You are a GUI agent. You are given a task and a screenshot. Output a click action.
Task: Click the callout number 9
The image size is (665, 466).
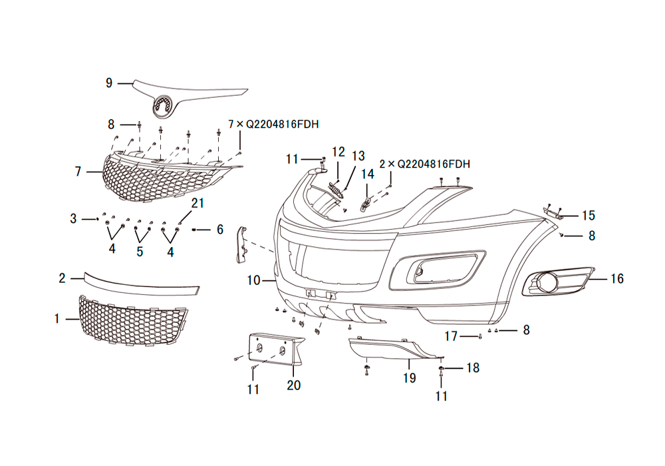pyautogui.click(x=109, y=83)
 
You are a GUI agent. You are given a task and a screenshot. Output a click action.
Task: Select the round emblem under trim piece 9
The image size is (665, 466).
pyautogui.click(x=162, y=105)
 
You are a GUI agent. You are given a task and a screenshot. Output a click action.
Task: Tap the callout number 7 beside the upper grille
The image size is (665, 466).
pyautogui.click(x=78, y=172)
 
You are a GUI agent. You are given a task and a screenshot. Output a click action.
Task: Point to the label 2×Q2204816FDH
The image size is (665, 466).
pyautogui.click(x=425, y=164)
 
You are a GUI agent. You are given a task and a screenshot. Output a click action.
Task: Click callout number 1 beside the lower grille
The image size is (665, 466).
pyautogui.click(x=57, y=320)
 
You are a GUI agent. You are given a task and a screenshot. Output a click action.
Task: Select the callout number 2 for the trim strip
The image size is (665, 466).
pyautogui.click(x=62, y=278)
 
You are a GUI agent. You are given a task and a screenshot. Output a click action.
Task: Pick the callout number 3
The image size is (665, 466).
pyautogui.click(x=74, y=218)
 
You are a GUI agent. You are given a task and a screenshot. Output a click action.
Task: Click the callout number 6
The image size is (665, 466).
pyautogui.click(x=219, y=230)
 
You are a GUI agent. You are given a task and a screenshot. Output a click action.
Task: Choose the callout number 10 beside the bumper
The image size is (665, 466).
pyautogui.click(x=253, y=281)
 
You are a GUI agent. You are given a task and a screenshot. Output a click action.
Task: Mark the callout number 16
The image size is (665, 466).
pyautogui.click(x=617, y=279)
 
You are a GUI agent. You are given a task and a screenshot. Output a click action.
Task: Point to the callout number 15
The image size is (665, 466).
pyautogui.click(x=588, y=216)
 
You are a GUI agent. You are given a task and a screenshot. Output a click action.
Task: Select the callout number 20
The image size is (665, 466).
pyautogui.click(x=294, y=385)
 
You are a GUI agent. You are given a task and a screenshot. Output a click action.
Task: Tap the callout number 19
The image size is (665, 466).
pyautogui.click(x=409, y=378)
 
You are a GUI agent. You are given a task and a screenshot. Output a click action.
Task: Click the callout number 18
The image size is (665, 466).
pyautogui.click(x=472, y=367)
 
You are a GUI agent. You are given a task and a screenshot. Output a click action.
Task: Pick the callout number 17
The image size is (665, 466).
pyautogui.click(x=452, y=337)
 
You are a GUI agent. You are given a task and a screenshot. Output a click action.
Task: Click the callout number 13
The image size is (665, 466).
pyautogui.click(x=358, y=156)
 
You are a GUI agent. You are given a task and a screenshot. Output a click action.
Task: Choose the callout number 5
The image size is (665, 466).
pyautogui.click(x=140, y=251)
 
